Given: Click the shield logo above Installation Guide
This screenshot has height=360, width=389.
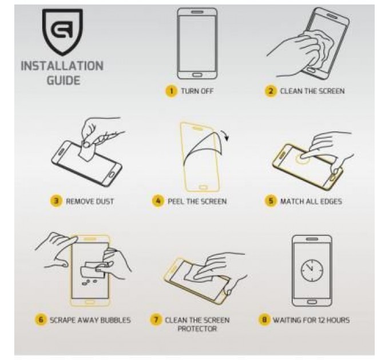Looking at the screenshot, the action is tap(62, 31).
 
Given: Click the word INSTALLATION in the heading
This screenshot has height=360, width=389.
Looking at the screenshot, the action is tap(62, 66).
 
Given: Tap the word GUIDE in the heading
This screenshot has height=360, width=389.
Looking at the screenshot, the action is tap(63, 81).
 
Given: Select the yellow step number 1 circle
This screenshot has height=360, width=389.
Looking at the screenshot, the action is tap(171, 91).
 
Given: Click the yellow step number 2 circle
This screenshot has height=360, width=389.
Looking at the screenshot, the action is tap(271, 91).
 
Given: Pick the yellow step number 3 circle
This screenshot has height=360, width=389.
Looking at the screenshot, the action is tap(56, 201).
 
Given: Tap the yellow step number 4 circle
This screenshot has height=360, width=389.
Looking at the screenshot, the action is tap(158, 201).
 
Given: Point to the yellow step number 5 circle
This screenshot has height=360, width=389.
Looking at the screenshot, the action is tap(271, 201).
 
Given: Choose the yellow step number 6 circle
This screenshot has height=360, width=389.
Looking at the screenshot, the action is tap(41, 319).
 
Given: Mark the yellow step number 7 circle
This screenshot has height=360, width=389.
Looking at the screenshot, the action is tap(156, 319).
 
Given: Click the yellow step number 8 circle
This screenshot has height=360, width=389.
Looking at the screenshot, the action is tap(264, 319).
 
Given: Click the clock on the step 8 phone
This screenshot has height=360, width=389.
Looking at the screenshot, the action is tap(312, 270).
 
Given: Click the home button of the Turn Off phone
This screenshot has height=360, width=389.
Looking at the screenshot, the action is tap(197, 75).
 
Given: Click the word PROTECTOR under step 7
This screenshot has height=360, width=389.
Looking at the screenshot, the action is tap(197, 329).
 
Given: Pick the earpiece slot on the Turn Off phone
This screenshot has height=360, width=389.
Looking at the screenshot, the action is tap(197, 12).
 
